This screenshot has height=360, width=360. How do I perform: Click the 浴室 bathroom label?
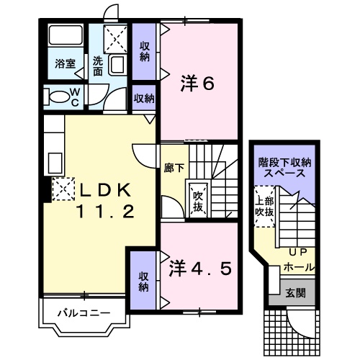click(66, 63)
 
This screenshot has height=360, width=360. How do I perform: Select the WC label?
click(76, 96)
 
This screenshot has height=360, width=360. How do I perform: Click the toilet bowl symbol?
click(55, 95)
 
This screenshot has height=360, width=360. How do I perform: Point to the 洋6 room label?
click(197, 84)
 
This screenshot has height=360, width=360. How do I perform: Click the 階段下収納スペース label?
click(284, 168)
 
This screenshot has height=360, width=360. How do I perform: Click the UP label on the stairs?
click(297, 252)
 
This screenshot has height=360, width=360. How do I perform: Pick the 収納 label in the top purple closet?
click(144, 52)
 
